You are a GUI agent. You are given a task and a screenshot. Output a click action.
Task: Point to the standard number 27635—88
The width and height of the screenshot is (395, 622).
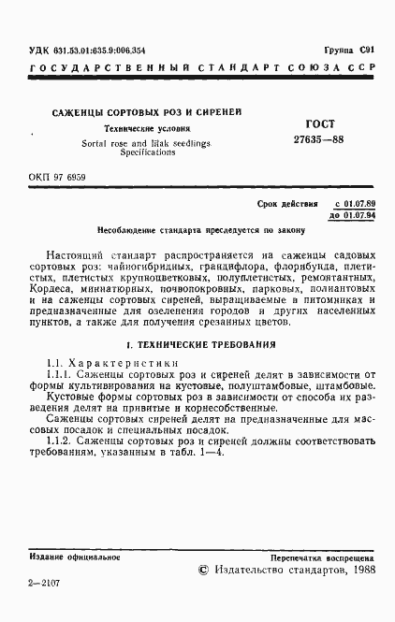(x=303, y=138)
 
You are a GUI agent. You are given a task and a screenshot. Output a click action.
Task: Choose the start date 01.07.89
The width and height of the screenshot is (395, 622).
(x=355, y=203)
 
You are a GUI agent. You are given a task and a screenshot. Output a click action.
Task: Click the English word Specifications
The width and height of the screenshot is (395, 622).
(x=148, y=151)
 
